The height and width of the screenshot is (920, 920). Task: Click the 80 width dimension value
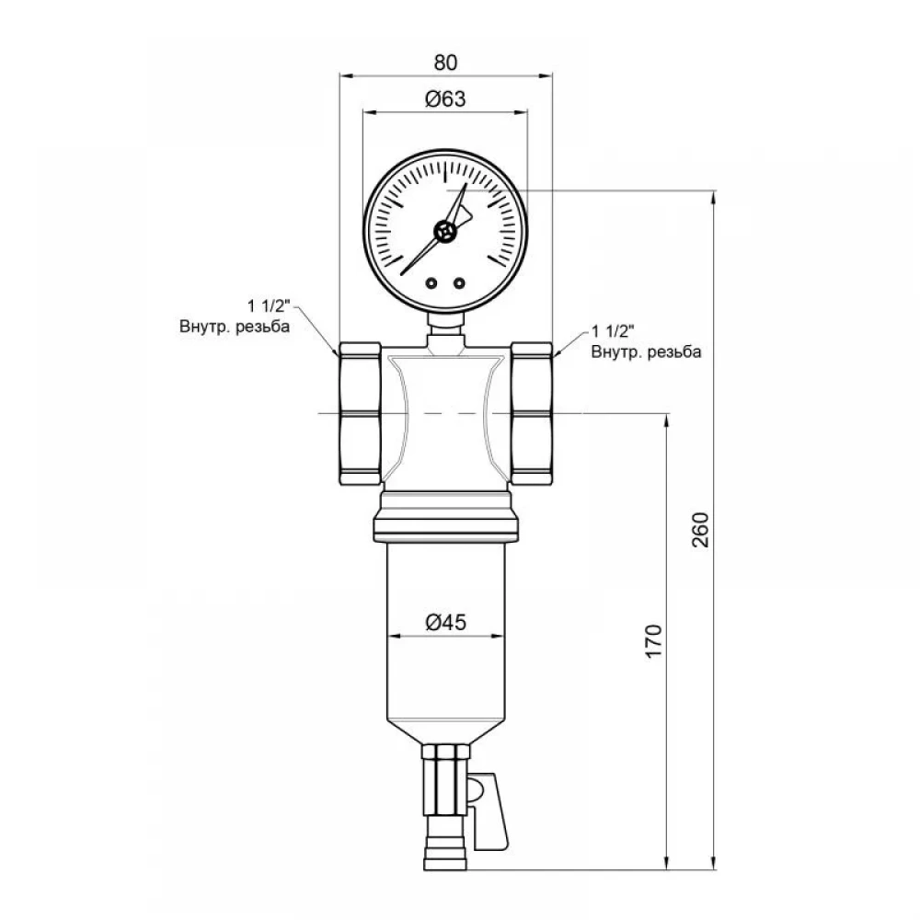click(x=445, y=63)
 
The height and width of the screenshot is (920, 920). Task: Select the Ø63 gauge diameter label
click(x=445, y=99)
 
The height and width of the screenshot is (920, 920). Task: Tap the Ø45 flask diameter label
click(x=445, y=622)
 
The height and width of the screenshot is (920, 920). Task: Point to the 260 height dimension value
click(x=700, y=530)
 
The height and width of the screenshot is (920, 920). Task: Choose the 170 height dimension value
click(x=653, y=641)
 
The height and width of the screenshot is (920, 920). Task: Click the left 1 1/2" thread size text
click(x=269, y=306)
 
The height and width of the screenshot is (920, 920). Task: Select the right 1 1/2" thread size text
click(x=613, y=331)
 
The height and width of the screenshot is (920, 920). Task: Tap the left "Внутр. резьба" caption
click(x=235, y=327)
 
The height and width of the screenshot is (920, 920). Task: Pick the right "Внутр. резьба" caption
click(x=646, y=351)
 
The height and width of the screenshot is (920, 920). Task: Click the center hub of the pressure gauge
click(x=445, y=231)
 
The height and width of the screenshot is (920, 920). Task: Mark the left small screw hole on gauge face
click(x=431, y=283)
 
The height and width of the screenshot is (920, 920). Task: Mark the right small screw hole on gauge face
click(x=459, y=283)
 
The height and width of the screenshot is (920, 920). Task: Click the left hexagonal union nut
click(x=361, y=414)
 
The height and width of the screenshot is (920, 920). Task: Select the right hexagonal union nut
click(x=531, y=414)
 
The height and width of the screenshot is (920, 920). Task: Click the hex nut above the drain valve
click(x=446, y=752)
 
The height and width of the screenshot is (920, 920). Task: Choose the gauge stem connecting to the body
click(x=445, y=331)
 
